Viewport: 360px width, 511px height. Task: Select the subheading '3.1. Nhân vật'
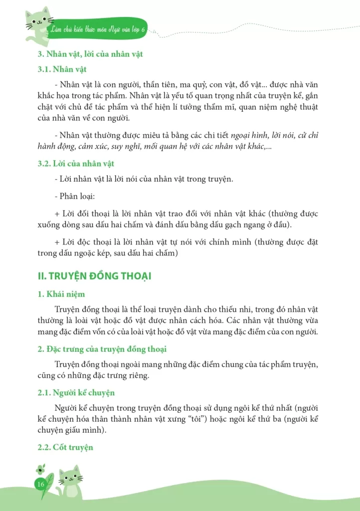tap(62, 69)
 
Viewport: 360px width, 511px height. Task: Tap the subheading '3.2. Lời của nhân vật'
tap(76, 164)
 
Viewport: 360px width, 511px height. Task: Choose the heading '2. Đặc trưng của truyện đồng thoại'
tap(102, 349)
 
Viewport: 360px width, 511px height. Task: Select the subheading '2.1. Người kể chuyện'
tap(76, 393)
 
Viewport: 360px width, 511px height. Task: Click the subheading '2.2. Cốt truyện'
tap(65, 447)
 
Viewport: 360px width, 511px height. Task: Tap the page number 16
tap(41, 485)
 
